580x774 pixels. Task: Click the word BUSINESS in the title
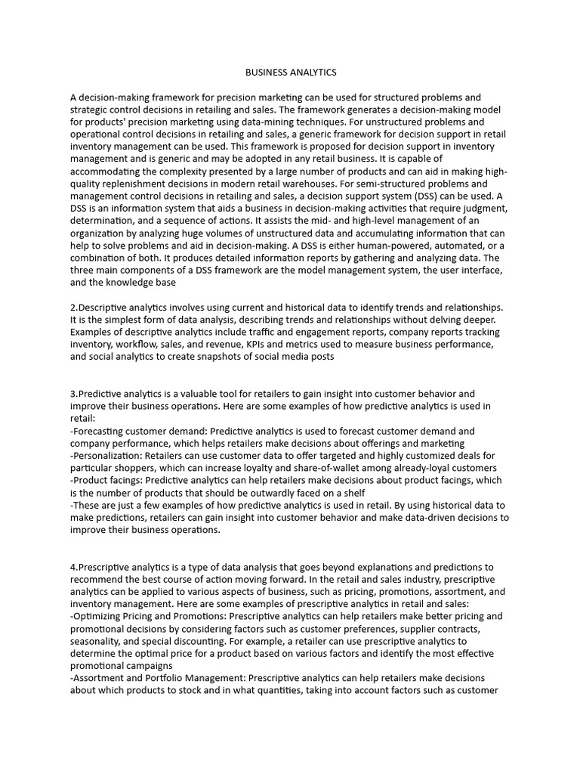tap(266, 73)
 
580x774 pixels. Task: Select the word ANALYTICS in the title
tap(312, 73)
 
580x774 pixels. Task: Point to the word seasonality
tap(97, 641)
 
